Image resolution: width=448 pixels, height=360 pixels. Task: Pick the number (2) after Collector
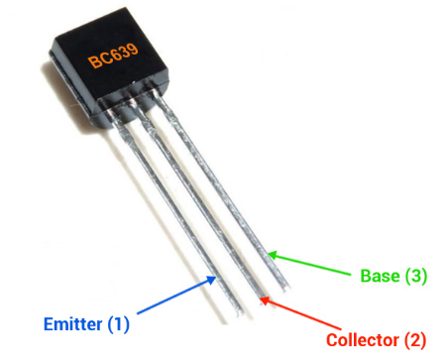click(413, 338)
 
